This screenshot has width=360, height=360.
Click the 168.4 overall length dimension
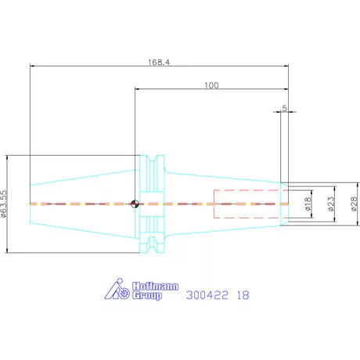pyautogui.click(x=159, y=63)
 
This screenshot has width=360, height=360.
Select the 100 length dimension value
pyautogui.click(x=211, y=85)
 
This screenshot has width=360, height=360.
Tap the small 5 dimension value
pyautogui.click(x=284, y=108)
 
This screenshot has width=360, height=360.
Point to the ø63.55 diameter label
pyautogui.click(x=4, y=203)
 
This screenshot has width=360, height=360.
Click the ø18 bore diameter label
pyautogui.click(x=308, y=204)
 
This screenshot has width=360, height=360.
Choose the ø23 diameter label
pyautogui.click(x=330, y=204)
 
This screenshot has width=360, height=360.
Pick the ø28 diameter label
pyautogui.click(x=354, y=204)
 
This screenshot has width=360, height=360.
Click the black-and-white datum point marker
pyautogui.click(x=135, y=203)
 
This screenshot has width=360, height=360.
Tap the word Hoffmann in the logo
pyautogui.click(x=155, y=286)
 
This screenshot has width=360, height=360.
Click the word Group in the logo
pyautogui.click(x=147, y=296)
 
